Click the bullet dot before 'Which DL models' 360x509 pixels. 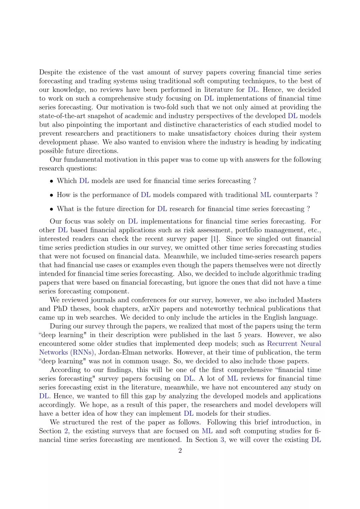pos(51,181)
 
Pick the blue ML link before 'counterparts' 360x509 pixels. pos(265,195)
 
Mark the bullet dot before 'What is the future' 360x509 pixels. pos(51,209)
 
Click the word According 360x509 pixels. pos(65,370)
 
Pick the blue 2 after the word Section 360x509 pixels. pos(66,431)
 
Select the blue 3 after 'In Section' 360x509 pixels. pos(222,440)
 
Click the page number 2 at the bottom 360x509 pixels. pos(180,451)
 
